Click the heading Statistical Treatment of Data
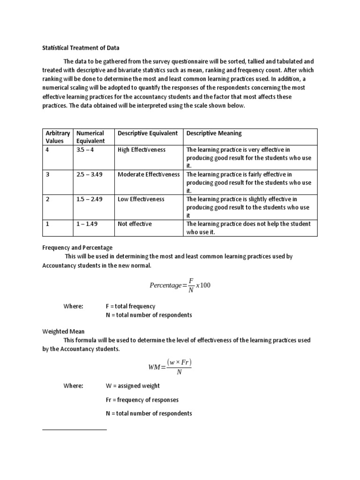81,48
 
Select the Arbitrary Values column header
58,137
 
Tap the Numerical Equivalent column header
90,137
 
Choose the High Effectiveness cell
142,150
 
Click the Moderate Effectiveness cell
149,174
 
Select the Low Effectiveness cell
141,199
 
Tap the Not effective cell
135,224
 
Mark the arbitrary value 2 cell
48,199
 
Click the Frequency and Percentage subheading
77,247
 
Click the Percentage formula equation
180,285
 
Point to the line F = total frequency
130,306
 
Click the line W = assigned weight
133,386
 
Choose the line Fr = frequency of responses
142,400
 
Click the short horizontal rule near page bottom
75,429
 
